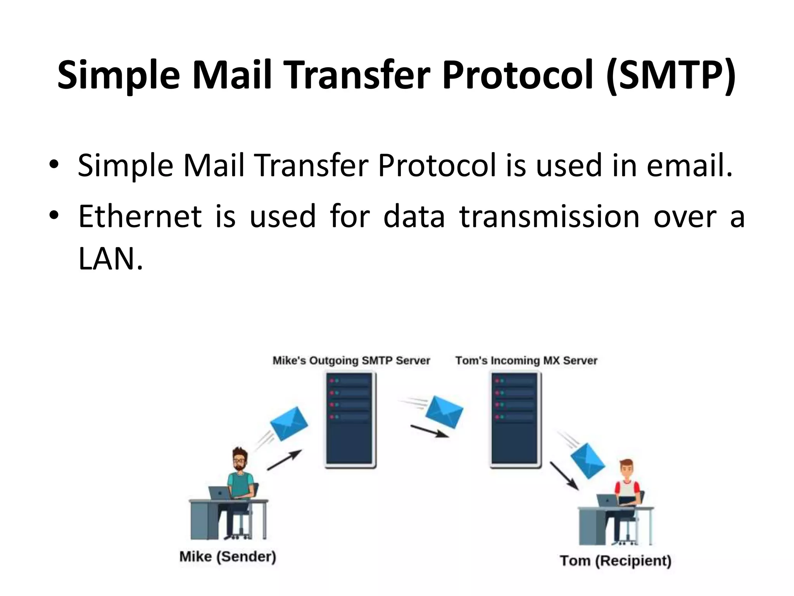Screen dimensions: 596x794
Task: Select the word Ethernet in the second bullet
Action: click(140, 217)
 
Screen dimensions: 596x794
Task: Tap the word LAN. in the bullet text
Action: click(110, 259)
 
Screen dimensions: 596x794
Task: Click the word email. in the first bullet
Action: click(690, 165)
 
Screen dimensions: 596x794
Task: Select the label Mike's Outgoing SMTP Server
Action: click(351, 360)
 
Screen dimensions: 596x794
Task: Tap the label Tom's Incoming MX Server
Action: click(526, 360)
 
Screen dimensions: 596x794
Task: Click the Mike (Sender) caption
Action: click(228, 556)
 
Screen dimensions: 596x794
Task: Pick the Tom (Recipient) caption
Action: click(616, 560)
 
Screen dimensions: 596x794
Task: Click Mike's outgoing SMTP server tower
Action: click(350, 419)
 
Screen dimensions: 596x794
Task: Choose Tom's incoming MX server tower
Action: click(516, 419)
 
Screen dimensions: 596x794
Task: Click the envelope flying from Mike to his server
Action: click(289, 423)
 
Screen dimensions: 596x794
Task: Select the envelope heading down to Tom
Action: click(587, 462)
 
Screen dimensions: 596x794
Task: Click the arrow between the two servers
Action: click(429, 431)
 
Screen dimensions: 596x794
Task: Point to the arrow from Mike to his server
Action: click(284, 460)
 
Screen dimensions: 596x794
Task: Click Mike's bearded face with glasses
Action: click(239, 461)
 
